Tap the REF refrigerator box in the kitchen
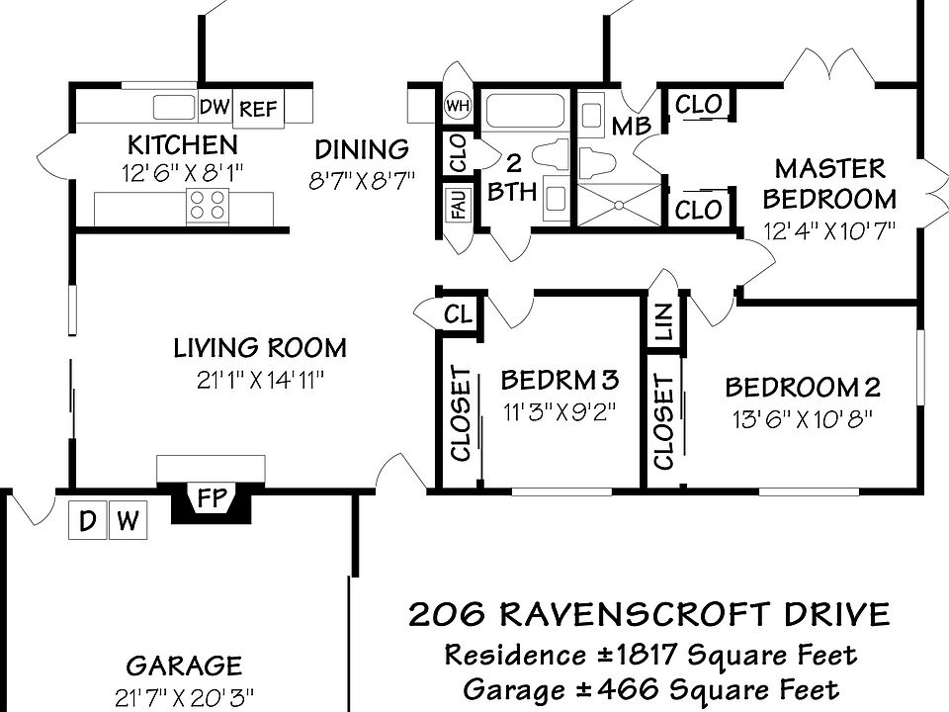click(x=259, y=109)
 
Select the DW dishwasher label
click(x=215, y=106)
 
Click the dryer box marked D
click(x=87, y=521)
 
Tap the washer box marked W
click(x=128, y=521)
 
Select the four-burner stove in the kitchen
click(x=207, y=206)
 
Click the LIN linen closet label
click(x=663, y=322)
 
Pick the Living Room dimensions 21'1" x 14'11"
click(x=260, y=380)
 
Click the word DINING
click(x=362, y=150)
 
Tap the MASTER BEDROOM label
click(x=829, y=183)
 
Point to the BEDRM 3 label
click(x=560, y=380)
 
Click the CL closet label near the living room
click(x=458, y=314)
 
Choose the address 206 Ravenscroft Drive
click(x=649, y=615)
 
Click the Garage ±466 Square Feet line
click(x=649, y=688)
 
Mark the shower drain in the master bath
click(x=619, y=205)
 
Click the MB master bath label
click(x=631, y=127)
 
